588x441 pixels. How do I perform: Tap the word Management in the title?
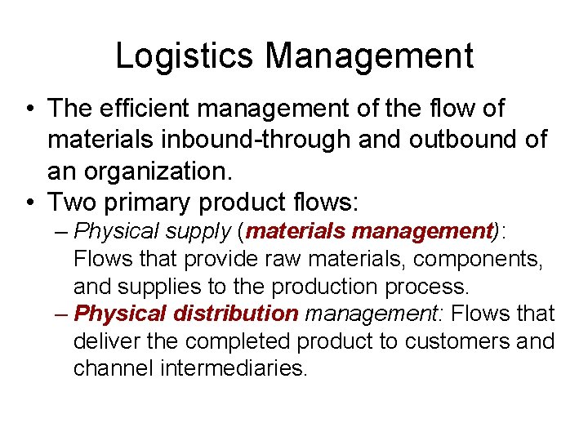pyautogui.click(x=368, y=56)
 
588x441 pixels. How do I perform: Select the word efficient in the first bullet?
pyautogui.click(x=154, y=108)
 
